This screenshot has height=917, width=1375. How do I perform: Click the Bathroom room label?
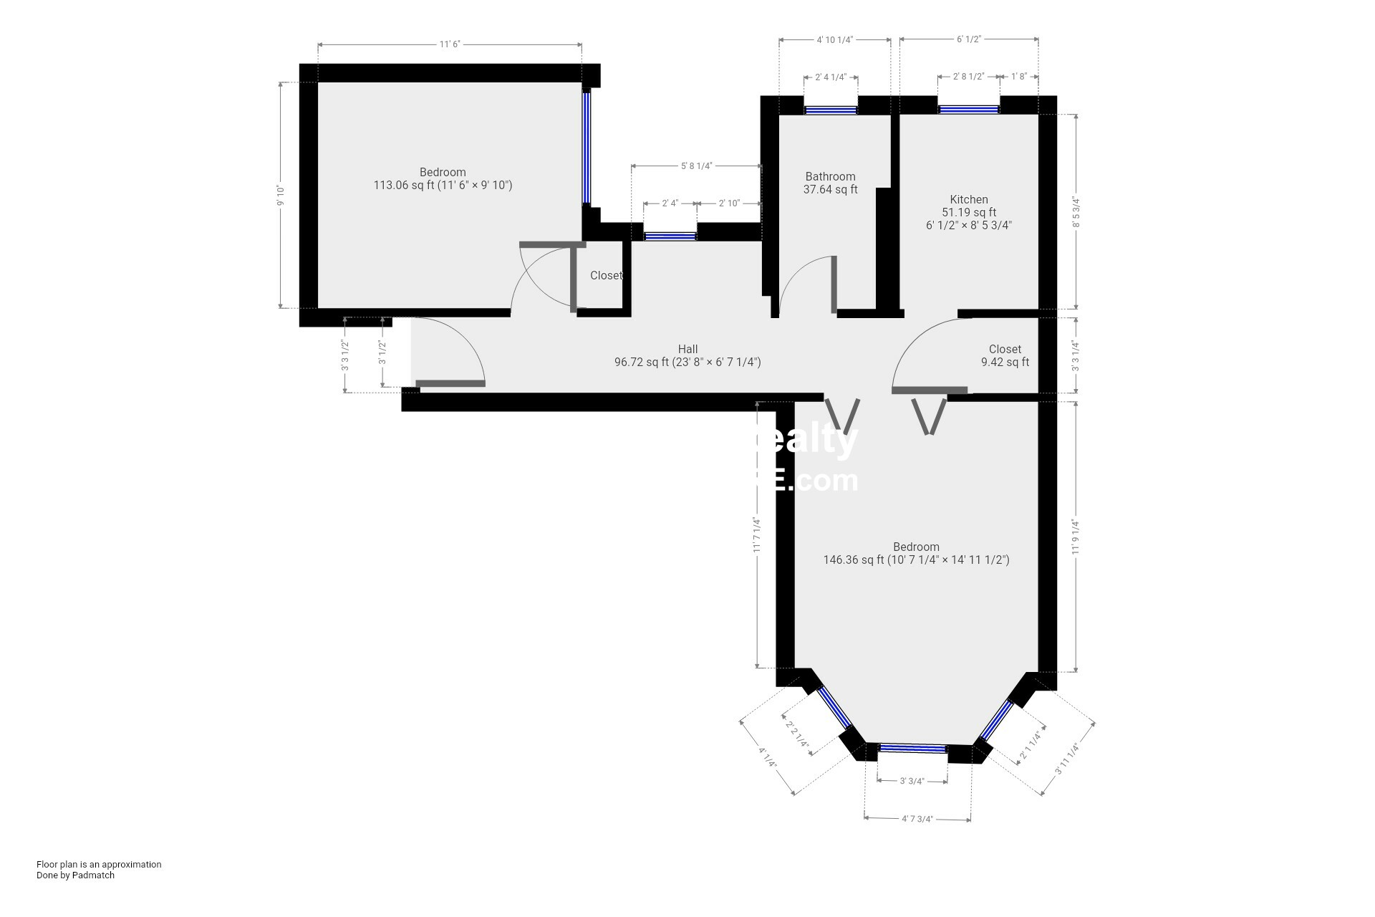pos(830,177)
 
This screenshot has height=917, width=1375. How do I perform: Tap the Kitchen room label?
pos(968,200)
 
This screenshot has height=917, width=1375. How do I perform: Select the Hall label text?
pos(687,350)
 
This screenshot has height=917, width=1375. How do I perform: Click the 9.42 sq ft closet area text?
pos(1005,363)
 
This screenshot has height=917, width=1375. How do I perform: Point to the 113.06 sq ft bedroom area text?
pos(443,186)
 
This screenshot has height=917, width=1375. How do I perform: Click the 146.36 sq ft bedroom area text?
pos(916,560)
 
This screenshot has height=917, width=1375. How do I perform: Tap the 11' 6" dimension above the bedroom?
pos(449,44)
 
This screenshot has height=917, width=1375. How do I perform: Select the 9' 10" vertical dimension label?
pos(281,195)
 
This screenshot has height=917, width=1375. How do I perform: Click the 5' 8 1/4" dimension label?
pos(696,166)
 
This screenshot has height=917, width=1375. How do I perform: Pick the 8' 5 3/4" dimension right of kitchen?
pos(1076,212)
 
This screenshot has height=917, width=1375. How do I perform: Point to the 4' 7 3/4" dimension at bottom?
pos(917,819)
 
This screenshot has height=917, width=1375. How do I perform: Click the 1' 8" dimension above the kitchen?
pos(1019,76)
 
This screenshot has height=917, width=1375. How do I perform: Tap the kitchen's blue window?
pos(968,110)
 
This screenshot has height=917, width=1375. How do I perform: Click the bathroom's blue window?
pos(830,110)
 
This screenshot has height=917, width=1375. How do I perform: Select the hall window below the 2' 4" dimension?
pos(670,236)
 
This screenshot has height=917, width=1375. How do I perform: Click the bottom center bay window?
pos(912,749)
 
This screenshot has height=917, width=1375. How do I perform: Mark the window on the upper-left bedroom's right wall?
pos(586,148)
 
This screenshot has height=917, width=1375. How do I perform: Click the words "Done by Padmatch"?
pos(75,875)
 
